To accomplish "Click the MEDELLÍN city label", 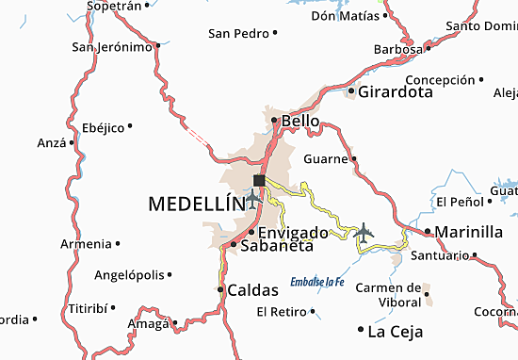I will [x=195, y=203].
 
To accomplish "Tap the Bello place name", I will [x=299, y=121].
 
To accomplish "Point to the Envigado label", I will [x=293, y=232].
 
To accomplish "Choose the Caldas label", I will [x=253, y=290].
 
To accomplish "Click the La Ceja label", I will [x=395, y=331].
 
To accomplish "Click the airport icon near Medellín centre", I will [x=251, y=199].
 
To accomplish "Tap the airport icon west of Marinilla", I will [x=364, y=231].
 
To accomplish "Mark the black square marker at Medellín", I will [x=259, y=180].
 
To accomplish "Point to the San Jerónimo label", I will [x=112, y=46].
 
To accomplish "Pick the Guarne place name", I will [x=325, y=158].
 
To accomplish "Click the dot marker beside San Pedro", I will [x=275, y=33].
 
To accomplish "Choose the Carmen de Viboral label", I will [x=388, y=295].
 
